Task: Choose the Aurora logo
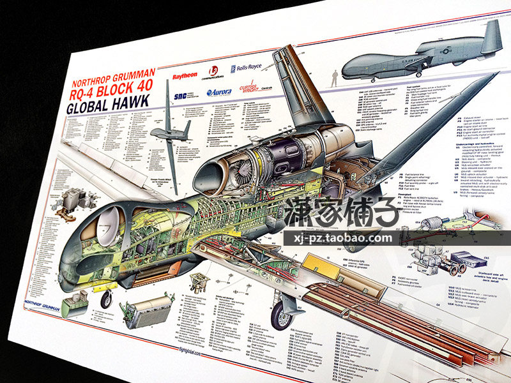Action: coord(219,92)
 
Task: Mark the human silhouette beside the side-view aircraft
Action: coord(333,79)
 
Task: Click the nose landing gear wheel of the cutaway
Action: coord(106,299)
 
